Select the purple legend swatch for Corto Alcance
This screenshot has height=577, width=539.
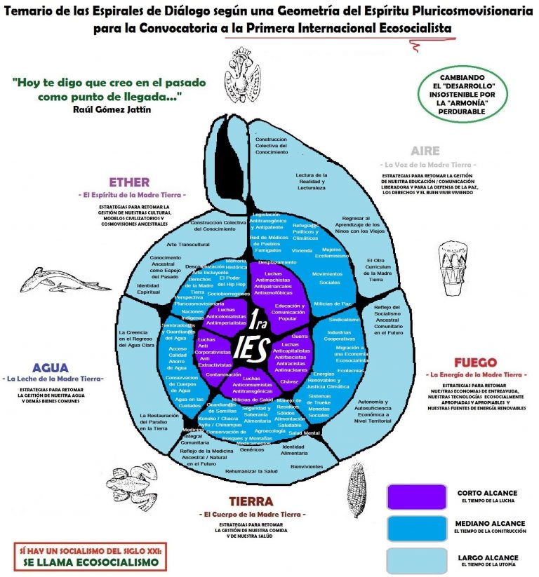[416, 496]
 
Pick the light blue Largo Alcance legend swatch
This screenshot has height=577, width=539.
[416, 559]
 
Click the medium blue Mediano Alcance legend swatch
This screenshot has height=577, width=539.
[416, 528]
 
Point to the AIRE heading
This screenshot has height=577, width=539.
[425, 151]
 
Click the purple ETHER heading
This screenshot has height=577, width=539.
[128, 182]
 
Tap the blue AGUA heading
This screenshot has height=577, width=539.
[51, 367]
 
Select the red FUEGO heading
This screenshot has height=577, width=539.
[475, 362]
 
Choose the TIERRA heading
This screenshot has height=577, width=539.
[251, 501]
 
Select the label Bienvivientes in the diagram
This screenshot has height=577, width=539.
[307, 466]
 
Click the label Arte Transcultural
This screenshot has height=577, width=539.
[188, 244]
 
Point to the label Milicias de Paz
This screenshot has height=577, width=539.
[332, 303]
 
